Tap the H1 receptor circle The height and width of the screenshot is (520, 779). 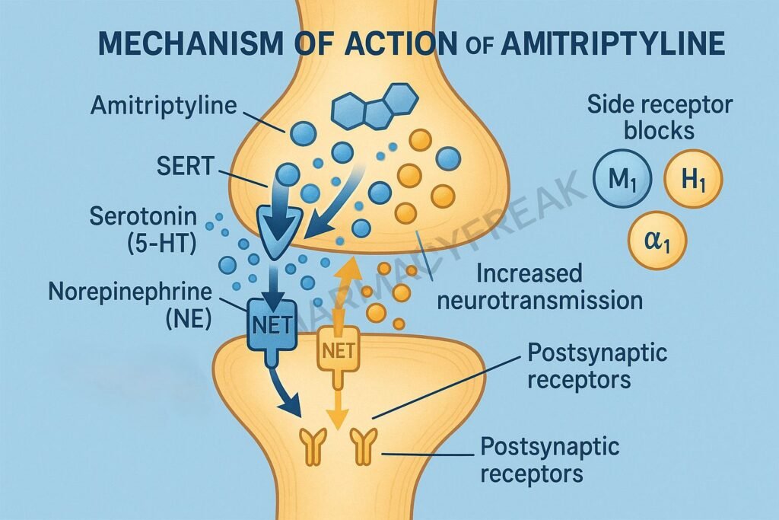point(693,180)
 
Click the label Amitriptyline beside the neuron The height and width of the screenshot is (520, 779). point(164,105)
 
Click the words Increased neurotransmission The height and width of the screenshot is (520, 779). point(537,286)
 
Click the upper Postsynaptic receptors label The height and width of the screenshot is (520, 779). point(586,365)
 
